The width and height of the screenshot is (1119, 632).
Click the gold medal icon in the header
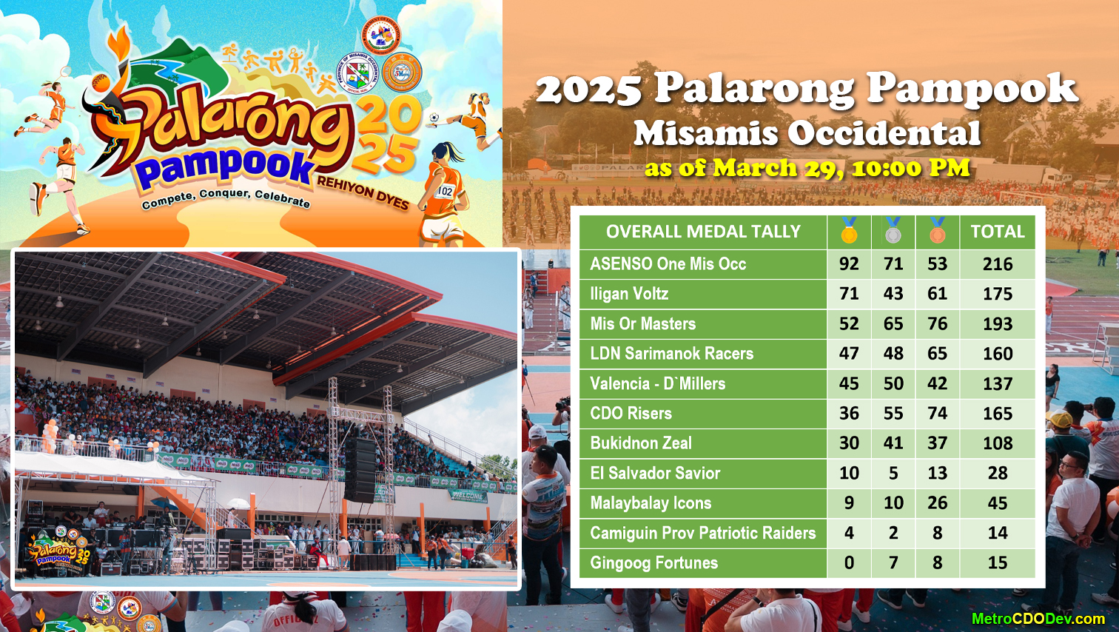849,231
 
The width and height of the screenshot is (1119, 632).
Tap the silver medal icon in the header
893,231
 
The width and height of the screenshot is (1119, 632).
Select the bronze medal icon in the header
937,231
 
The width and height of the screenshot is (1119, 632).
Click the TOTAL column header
997,232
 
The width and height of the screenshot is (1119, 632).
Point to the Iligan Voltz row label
629,294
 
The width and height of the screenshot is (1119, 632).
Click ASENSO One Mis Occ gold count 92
849,264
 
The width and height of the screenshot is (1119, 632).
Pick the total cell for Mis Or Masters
997,324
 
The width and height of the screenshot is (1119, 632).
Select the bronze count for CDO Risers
937,414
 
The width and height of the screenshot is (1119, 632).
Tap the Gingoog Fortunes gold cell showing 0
849,563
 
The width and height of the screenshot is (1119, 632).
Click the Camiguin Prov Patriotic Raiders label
702,533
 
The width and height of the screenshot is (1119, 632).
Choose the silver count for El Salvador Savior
893,473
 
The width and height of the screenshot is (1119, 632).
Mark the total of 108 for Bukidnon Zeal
997,443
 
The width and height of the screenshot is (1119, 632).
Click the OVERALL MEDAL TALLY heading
703,232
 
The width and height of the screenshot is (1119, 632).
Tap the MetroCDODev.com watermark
1038,619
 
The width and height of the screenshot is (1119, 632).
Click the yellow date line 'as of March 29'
807,168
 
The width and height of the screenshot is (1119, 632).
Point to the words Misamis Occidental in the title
807,134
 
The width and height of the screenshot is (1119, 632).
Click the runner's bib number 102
445,192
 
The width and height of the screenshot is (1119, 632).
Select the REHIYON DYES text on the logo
363,193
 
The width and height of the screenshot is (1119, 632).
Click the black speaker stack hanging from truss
360,471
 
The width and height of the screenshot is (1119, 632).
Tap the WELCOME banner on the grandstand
468,495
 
